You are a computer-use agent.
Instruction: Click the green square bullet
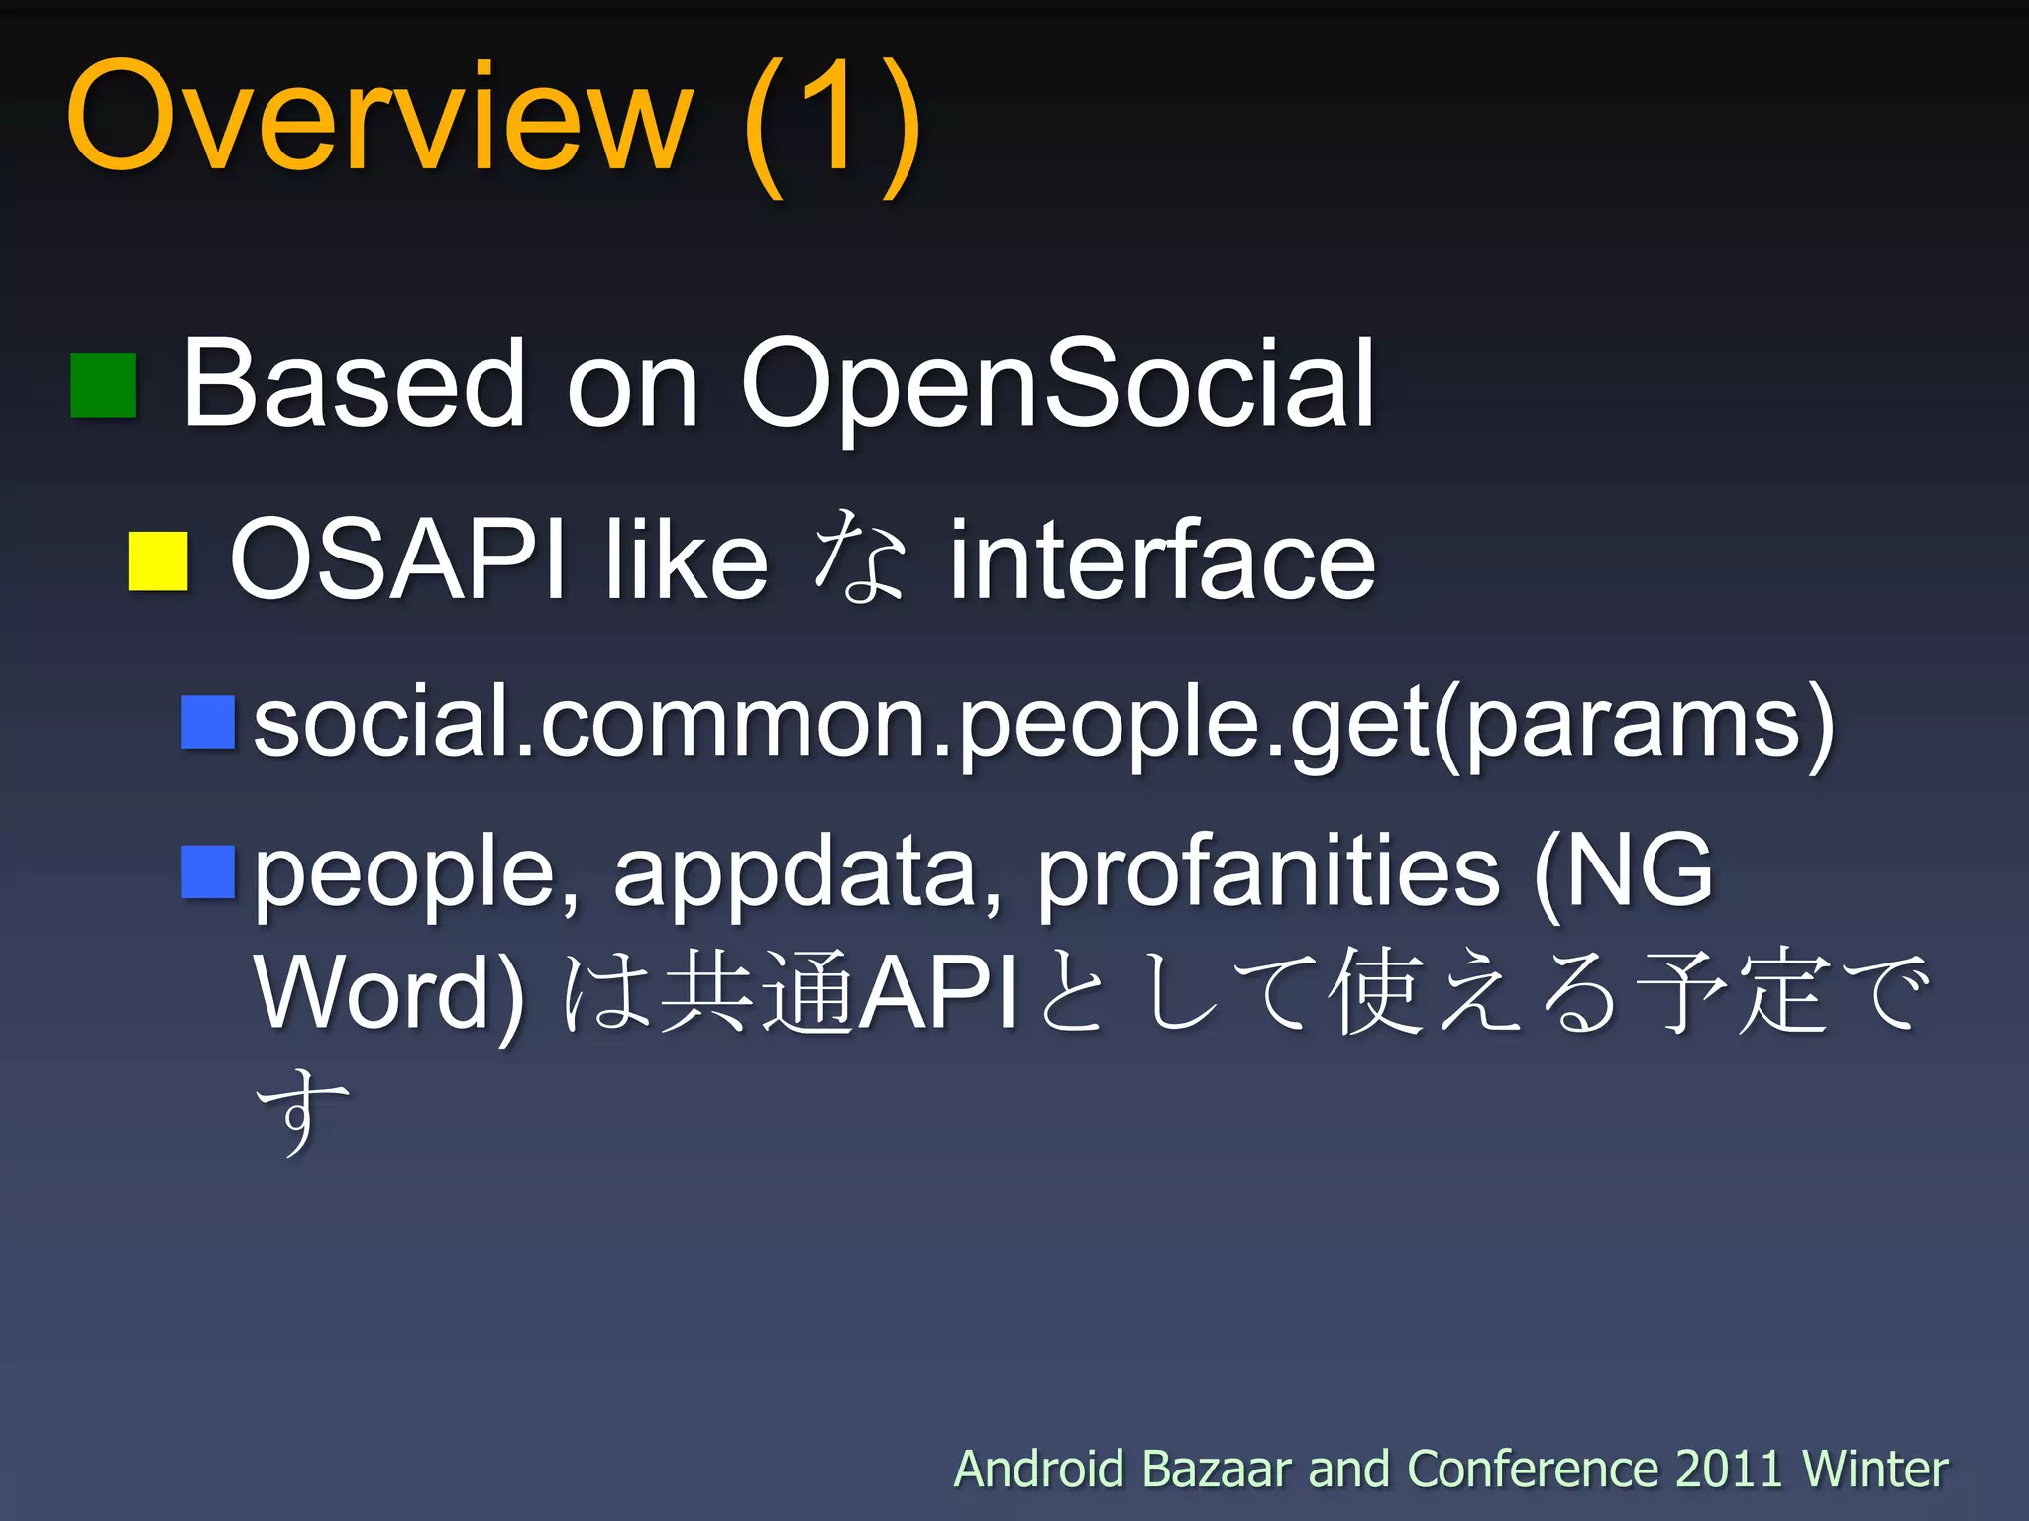tap(103, 385)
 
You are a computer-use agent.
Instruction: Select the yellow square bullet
tap(159, 561)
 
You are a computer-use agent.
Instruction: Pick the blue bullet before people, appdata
tap(208, 871)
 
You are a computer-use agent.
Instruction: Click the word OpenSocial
tap(1057, 383)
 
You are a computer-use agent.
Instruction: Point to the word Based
tap(353, 383)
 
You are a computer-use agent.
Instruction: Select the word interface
tap(1162, 560)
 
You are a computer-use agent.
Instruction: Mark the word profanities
tap(1268, 871)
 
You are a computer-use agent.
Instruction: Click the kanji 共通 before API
tap(756, 992)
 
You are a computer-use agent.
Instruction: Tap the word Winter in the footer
tap(1874, 1469)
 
